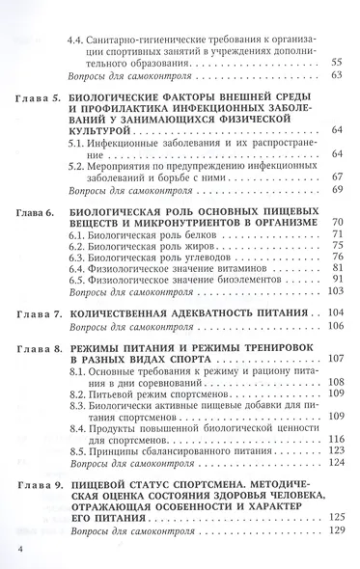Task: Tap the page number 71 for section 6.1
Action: tap(337, 234)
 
